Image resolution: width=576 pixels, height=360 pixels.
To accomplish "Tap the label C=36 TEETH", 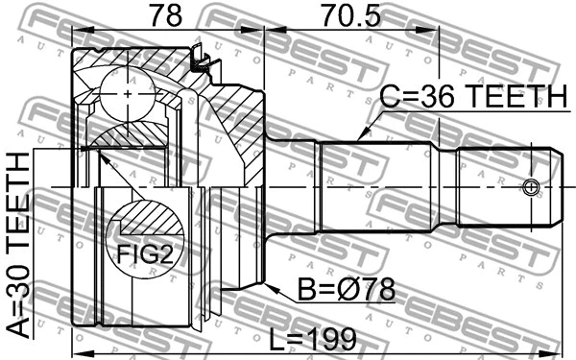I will tap(473, 97).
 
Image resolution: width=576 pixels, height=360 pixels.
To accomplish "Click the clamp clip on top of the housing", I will tap(201, 60).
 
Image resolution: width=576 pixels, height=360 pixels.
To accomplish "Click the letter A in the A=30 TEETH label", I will tap(18, 327).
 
